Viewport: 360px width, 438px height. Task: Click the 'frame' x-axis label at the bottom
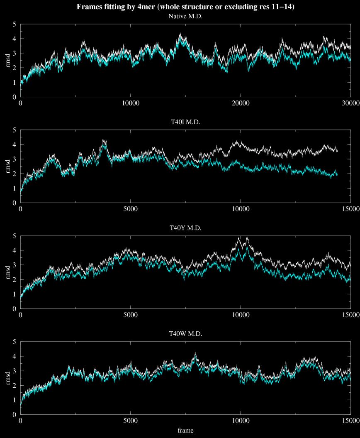point(185,431)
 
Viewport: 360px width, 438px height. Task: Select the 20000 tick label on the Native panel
point(240,103)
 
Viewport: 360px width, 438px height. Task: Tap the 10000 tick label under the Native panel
point(130,103)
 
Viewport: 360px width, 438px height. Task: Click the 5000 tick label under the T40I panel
point(130,209)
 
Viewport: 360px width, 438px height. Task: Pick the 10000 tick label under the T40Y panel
point(240,315)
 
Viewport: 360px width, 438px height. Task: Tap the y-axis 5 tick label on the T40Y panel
point(14,236)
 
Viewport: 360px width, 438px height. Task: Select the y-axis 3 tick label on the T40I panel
point(14,159)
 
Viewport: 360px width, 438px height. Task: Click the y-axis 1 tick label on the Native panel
point(14,82)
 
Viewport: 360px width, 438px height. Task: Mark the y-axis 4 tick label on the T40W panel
point(14,356)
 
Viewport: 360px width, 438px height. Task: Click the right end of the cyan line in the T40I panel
point(337,174)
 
